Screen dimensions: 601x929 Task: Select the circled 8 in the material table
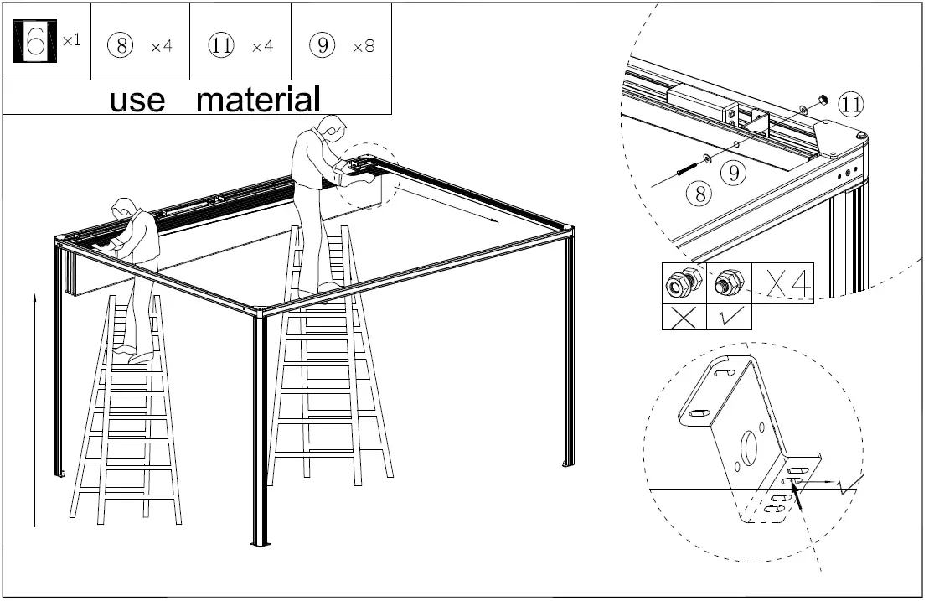click(x=121, y=45)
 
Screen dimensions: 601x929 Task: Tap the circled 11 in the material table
click(x=221, y=45)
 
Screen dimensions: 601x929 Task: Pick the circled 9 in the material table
click(x=323, y=45)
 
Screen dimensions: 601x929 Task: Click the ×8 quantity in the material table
click(x=364, y=46)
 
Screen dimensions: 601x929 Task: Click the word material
click(x=258, y=99)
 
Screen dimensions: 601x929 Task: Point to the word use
click(x=137, y=100)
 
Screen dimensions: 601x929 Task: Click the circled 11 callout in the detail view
click(x=851, y=105)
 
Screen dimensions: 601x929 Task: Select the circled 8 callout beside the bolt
click(x=699, y=194)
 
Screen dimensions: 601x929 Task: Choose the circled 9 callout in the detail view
click(x=734, y=174)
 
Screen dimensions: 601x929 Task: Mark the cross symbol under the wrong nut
click(x=684, y=317)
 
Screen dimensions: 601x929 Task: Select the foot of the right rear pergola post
click(x=567, y=463)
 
